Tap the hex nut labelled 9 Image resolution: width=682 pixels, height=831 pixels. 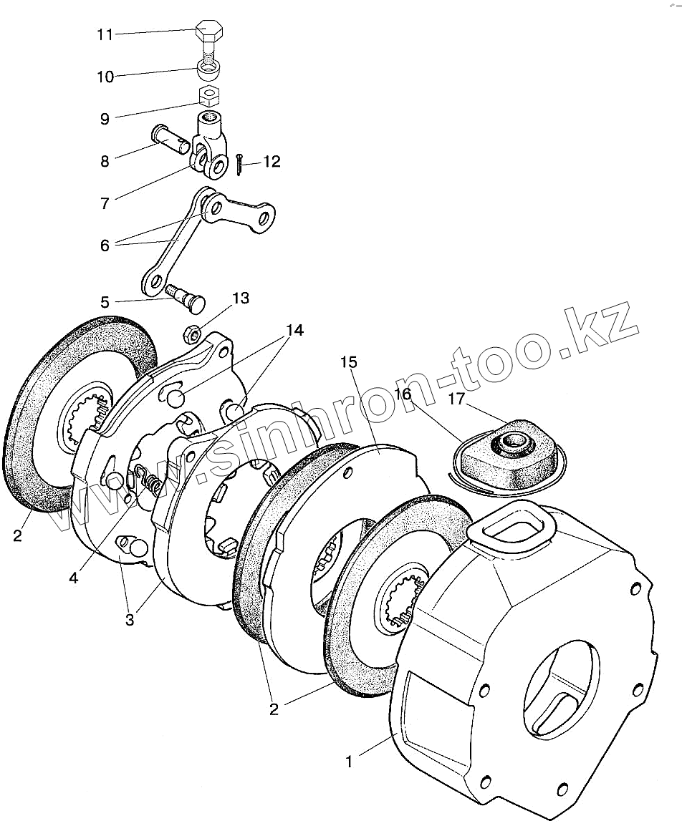[208, 95]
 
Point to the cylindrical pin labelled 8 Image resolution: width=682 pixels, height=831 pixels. [171, 138]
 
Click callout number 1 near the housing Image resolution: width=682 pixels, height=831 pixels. [349, 762]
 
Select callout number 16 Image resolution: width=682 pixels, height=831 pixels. [403, 394]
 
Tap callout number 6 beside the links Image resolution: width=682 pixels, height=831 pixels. [105, 245]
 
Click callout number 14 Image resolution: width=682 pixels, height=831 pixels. [295, 331]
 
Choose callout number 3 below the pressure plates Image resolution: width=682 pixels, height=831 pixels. [130, 620]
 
